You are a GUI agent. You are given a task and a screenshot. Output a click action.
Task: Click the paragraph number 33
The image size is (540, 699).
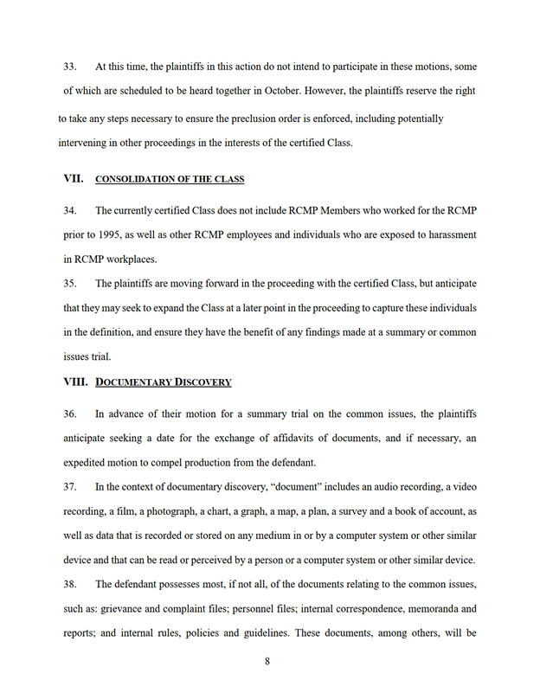coord(70,66)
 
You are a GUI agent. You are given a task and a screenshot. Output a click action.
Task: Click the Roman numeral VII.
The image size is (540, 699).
coord(74,179)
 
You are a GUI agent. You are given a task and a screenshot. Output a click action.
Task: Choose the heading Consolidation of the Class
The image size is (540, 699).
coord(170,180)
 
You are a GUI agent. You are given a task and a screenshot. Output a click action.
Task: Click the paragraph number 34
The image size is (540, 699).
coord(70,210)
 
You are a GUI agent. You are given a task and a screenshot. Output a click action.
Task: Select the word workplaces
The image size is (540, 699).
coord(125,259)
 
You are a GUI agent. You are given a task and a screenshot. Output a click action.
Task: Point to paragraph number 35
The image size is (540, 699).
coord(70,283)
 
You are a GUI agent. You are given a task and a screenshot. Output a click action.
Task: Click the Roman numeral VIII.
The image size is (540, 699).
coord(76,382)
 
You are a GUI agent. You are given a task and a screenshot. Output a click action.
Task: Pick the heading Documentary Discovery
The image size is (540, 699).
coord(164,382)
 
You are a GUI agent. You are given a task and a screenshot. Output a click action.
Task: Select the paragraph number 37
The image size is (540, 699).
coord(70,487)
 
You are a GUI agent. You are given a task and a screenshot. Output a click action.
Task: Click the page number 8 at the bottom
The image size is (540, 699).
coord(268,663)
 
